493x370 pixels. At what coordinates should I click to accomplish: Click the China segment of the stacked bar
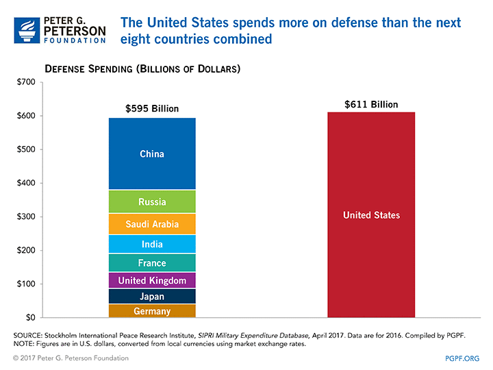coord(152,154)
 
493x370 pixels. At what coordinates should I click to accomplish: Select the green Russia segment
coord(152,202)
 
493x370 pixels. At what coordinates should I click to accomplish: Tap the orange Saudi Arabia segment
coord(152,224)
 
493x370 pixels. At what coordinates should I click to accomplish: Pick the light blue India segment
coord(152,244)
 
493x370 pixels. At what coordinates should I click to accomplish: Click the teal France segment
coord(152,263)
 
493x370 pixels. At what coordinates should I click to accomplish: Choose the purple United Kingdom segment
coord(152,281)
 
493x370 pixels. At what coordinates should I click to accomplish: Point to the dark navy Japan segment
coord(152,297)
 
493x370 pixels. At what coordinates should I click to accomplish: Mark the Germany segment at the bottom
coord(152,312)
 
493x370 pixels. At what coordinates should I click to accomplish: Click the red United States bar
coord(371,215)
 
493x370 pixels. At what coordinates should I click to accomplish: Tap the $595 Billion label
coord(152,108)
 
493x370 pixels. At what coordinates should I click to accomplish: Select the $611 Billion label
coord(371,104)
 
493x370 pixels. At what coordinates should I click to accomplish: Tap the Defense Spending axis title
coord(142,69)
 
